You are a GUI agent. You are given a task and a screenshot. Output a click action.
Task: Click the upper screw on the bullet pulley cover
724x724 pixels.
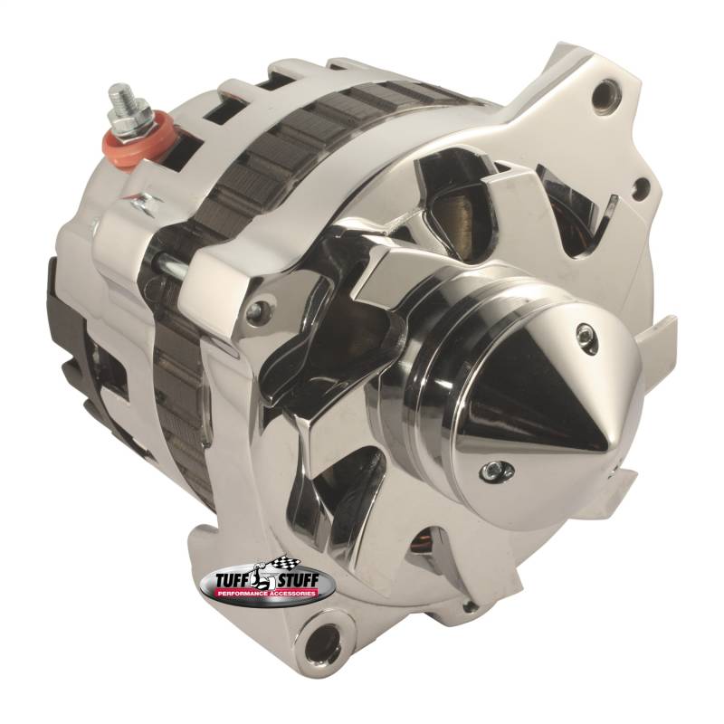[x=584, y=331]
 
